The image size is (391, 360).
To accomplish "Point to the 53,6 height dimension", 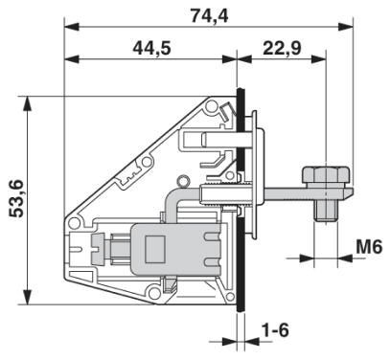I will point(16,197).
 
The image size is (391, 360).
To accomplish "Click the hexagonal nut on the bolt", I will point(319,176).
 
